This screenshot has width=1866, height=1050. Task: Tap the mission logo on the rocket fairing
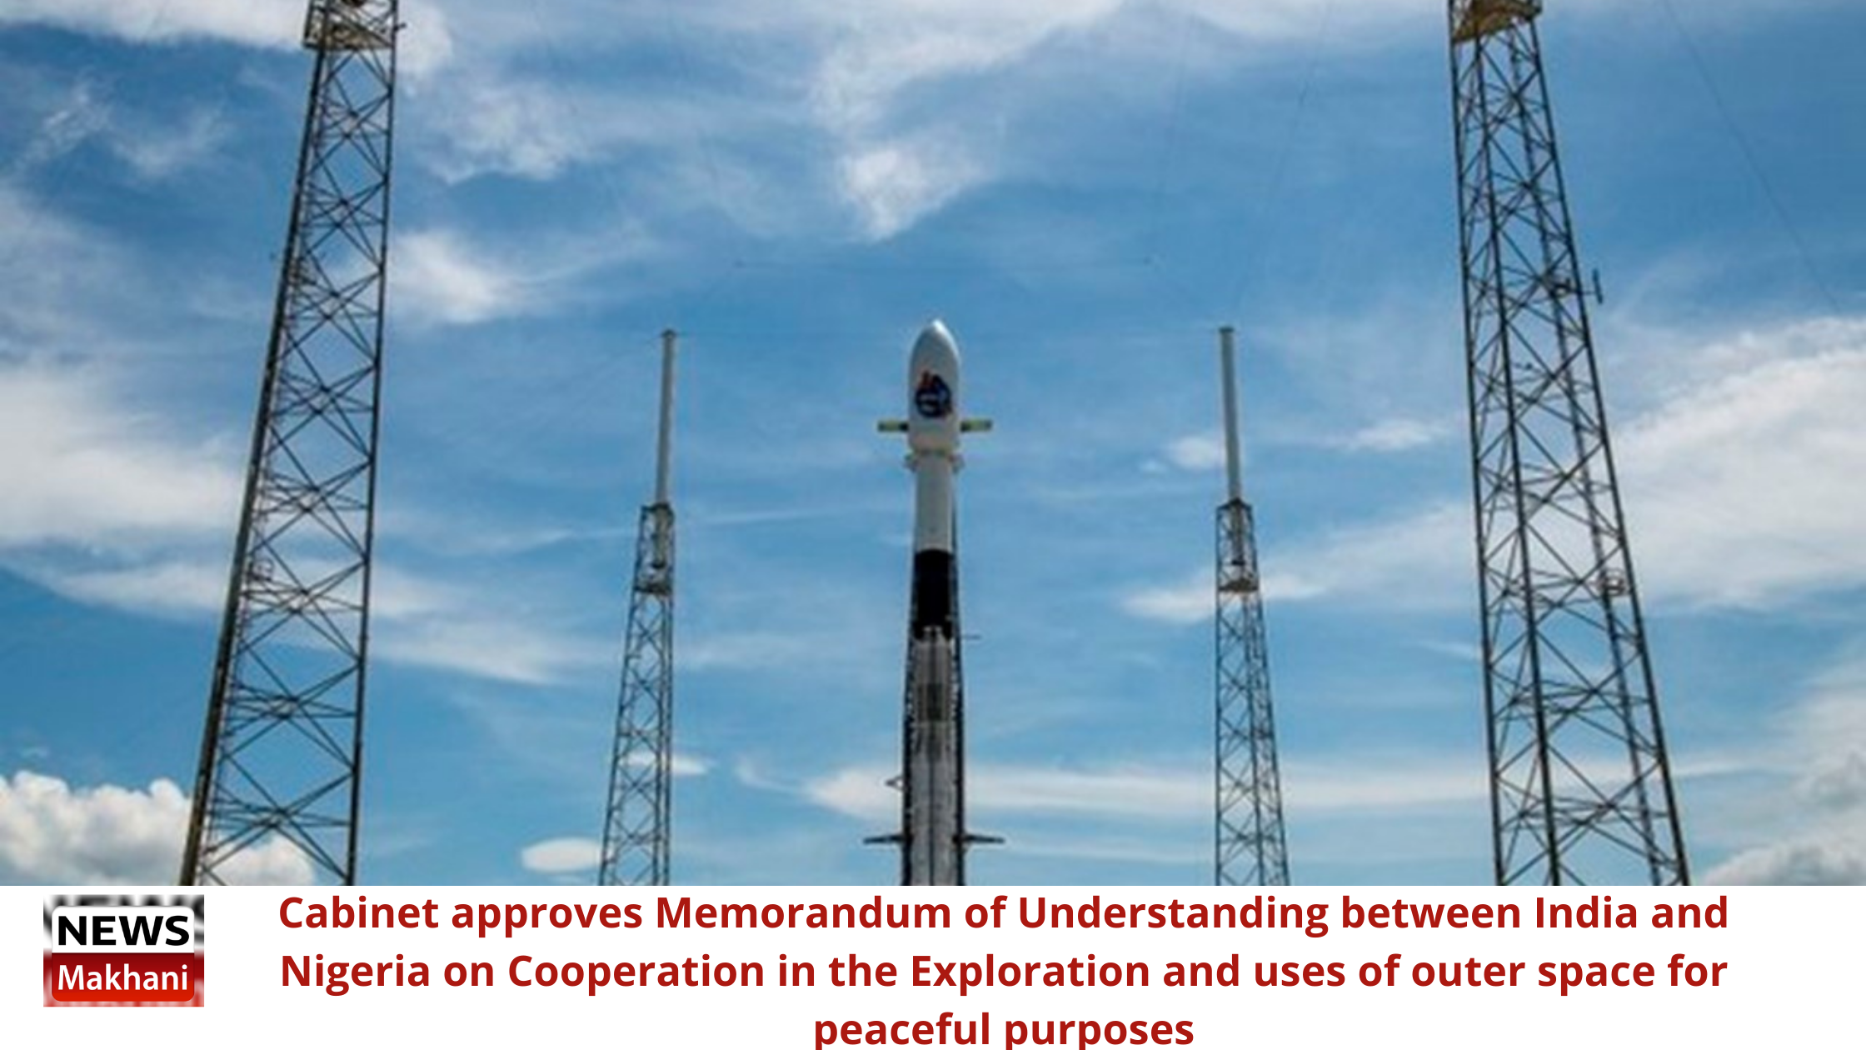coord(933,396)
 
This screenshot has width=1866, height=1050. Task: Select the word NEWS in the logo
coord(123,931)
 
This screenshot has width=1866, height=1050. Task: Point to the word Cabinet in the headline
coord(358,913)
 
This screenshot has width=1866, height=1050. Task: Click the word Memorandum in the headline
coord(803,913)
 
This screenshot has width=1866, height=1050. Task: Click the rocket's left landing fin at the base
coord(884,837)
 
